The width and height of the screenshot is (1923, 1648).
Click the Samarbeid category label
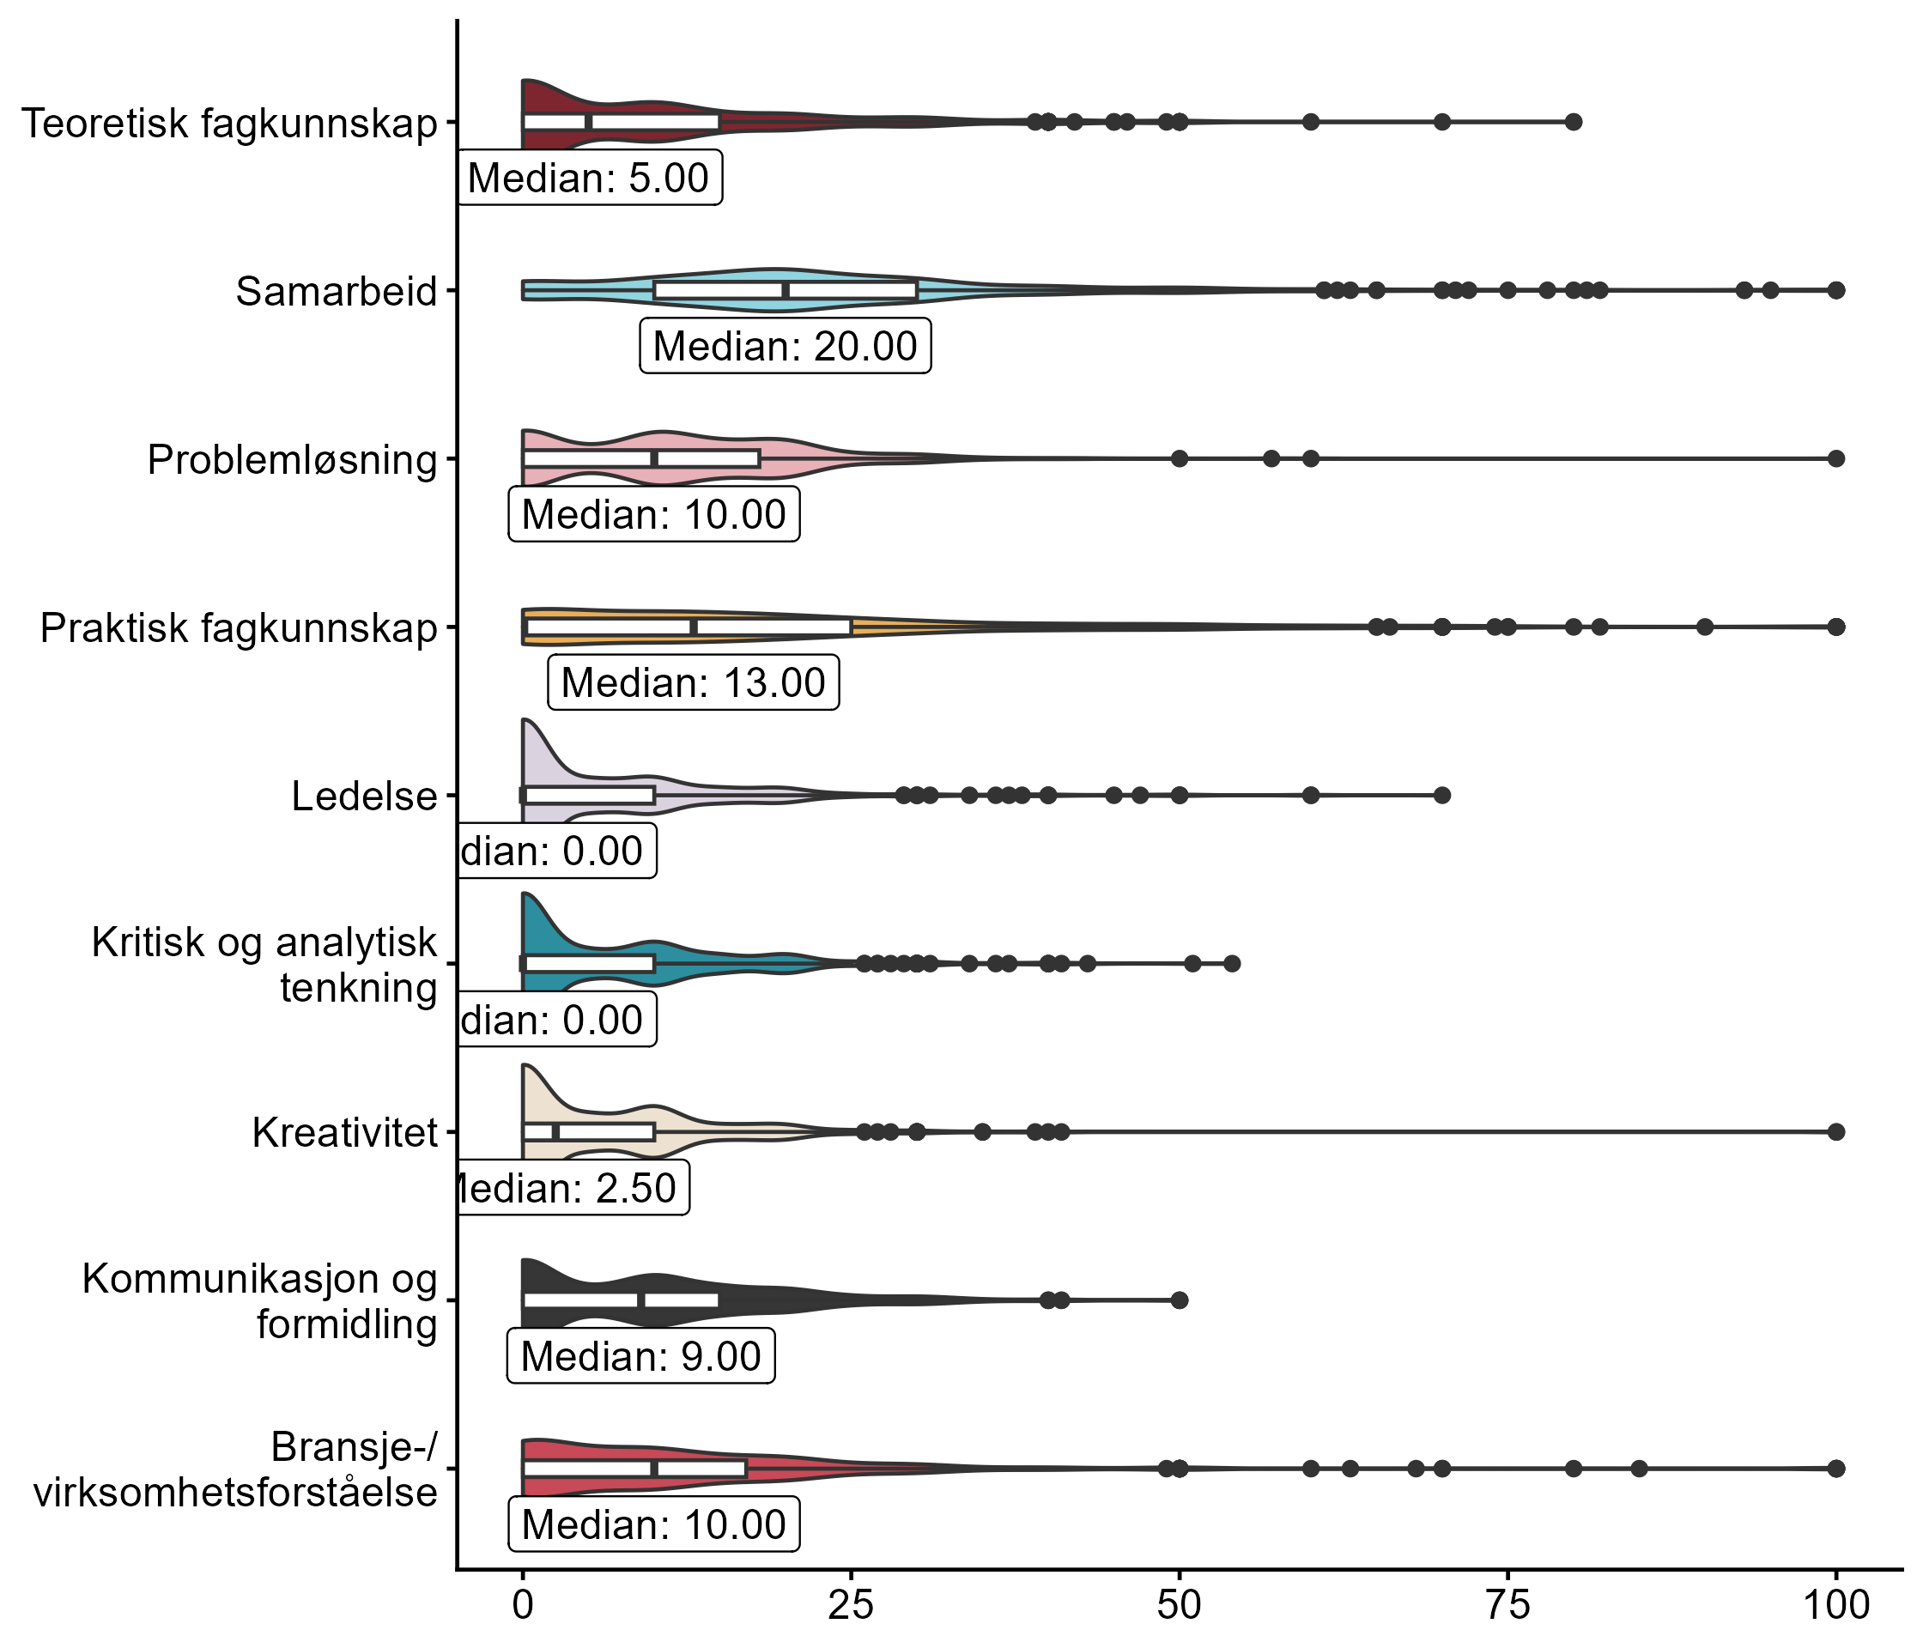[x=336, y=291]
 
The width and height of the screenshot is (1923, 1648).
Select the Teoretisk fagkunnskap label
[x=229, y=124]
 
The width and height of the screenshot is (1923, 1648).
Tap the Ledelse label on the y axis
[x=364, y=797]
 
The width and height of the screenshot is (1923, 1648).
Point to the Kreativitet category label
[x=344, y=1133]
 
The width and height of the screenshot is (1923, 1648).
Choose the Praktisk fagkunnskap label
[x=239, y=628]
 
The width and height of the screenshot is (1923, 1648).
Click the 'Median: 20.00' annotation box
[x=786, y=346]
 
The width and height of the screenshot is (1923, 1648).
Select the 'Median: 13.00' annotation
[x=694, y=683]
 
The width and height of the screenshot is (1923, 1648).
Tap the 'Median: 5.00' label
[x=588, y=177]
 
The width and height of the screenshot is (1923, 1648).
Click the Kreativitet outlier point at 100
[x=1835, y=1132]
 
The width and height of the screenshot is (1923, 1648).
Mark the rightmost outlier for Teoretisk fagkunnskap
[x=1573, y=122]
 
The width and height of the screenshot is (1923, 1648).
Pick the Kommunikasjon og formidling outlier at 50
[x=1180, y=1300]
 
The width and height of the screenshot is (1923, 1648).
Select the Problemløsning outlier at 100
[x=1835, y=458]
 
